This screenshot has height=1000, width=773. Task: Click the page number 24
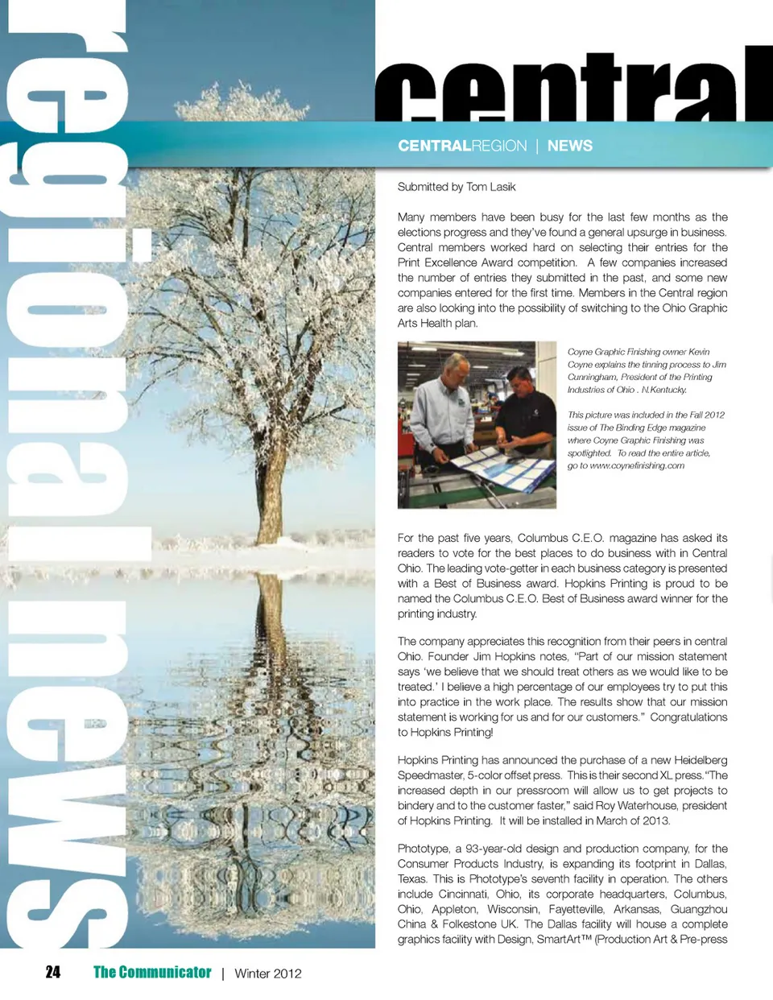coord(53,973)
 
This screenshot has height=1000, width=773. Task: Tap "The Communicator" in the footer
coord(152,973)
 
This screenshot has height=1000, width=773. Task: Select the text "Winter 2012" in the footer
coord(268,973)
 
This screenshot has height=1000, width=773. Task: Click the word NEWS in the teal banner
coord(570,146)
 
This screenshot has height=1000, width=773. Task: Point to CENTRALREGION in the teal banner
coord(462,146)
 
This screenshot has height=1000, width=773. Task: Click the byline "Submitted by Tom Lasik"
coord(457,187)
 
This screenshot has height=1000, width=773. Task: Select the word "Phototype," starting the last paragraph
coord(424,849)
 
